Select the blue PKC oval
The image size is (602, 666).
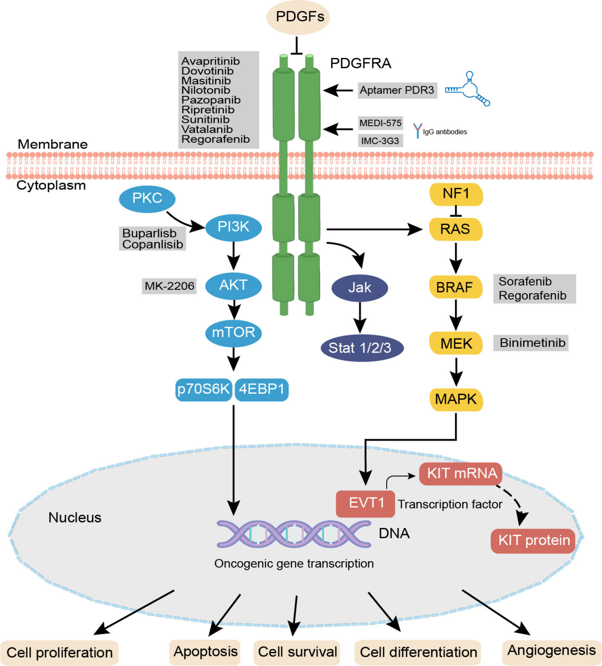[x=147, y=198]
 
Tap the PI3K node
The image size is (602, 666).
[x=233, y=228]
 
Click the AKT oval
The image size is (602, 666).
[x=233, y=286]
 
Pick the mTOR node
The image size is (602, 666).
[x=233, y=333]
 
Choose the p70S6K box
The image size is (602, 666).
[x=204, y=389]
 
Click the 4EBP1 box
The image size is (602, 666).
[x=261, y=389]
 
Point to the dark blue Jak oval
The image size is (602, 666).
[x=360, y=287]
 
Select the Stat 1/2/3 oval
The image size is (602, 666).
[x=360, y=348]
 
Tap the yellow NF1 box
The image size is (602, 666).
[x=456, y=194]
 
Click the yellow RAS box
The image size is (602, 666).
[x=455, y=230]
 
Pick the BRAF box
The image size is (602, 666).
[x=455, y=287]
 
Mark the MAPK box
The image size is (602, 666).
[x=456, y=399]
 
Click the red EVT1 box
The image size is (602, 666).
[x=365, y=503]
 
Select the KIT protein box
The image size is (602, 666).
[x=533, y=540]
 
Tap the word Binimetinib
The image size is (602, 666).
[x=532, y=343]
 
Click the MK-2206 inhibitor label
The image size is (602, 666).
[x=169, y=286]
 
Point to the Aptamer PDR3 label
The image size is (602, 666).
[x=397, y=90]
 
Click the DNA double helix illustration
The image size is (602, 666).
[x=294, y=534]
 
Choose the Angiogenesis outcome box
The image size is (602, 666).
[x=551, y=651]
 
